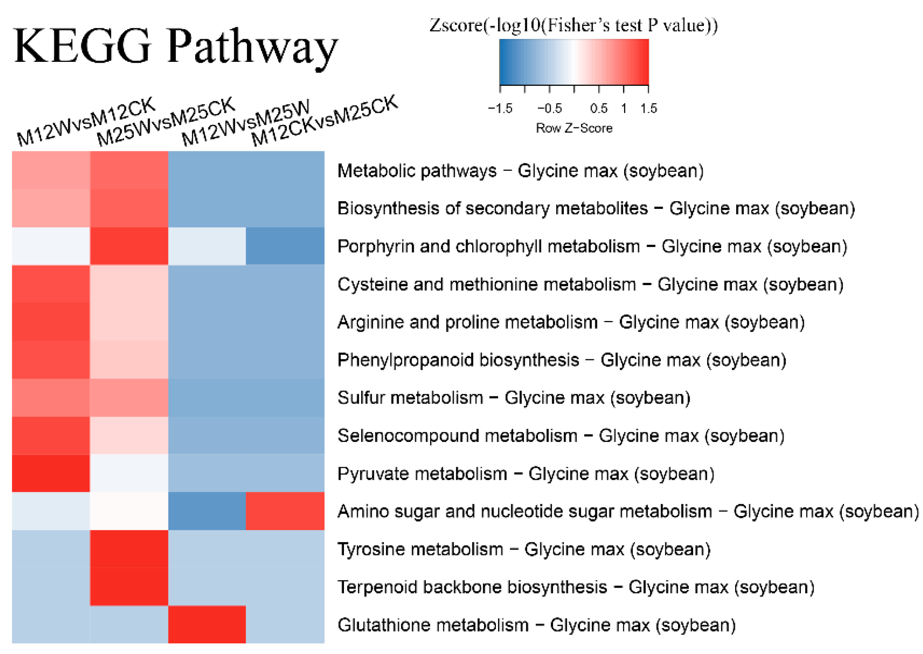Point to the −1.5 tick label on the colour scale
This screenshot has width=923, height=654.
[x=500, y=108]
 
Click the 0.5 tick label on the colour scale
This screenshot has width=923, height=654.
[x=599, y=108]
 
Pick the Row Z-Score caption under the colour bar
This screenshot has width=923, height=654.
[x=574, y=128]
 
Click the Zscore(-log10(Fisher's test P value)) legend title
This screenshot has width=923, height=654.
[x=573, y=26]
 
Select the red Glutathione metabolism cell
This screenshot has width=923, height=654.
[x=207, y=624]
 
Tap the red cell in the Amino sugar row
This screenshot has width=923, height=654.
[x=285, y=511]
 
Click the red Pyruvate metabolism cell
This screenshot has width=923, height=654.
[x=51, y=473]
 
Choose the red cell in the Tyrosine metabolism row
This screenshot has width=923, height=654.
[x=129, y=549]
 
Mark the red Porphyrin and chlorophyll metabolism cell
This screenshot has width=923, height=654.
[x=129, y=246]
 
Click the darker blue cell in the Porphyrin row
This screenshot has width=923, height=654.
[x=285, y=246]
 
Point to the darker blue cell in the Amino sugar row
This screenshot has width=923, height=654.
[x=207, y=511]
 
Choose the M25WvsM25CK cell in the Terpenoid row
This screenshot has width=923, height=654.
[x=129, y=587]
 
